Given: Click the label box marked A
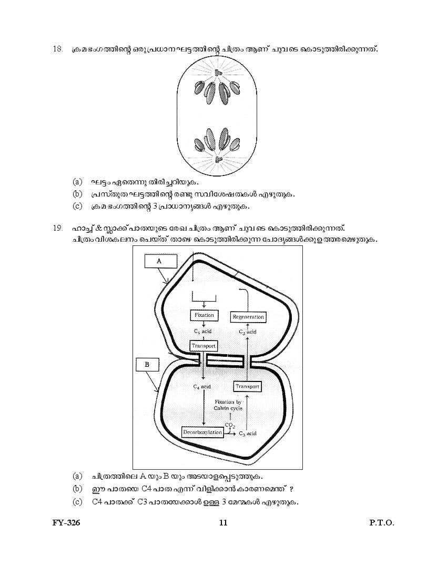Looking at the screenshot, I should click(159, 261).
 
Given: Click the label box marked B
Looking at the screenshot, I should click(147, 364).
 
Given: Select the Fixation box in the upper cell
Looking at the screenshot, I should click(204, 315).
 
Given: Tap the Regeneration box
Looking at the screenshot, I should click(248, 317).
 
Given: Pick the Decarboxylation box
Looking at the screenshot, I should click(202, 432).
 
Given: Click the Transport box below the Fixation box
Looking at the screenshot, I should click(204, 346).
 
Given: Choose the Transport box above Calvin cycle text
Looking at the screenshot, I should click(247, 387).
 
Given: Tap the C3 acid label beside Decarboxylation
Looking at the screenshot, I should click(247, 434).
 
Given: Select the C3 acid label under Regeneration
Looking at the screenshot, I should click(247, 332).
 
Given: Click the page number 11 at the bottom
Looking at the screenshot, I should click(223, 523).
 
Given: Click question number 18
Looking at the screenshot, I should click(58, 49).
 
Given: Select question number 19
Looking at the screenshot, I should click(58, 228).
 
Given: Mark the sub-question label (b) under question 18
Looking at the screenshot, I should click(77, 194).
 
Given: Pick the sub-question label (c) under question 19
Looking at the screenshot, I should click(77, 502).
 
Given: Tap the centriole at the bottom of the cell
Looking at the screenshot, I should click(219, 158).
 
